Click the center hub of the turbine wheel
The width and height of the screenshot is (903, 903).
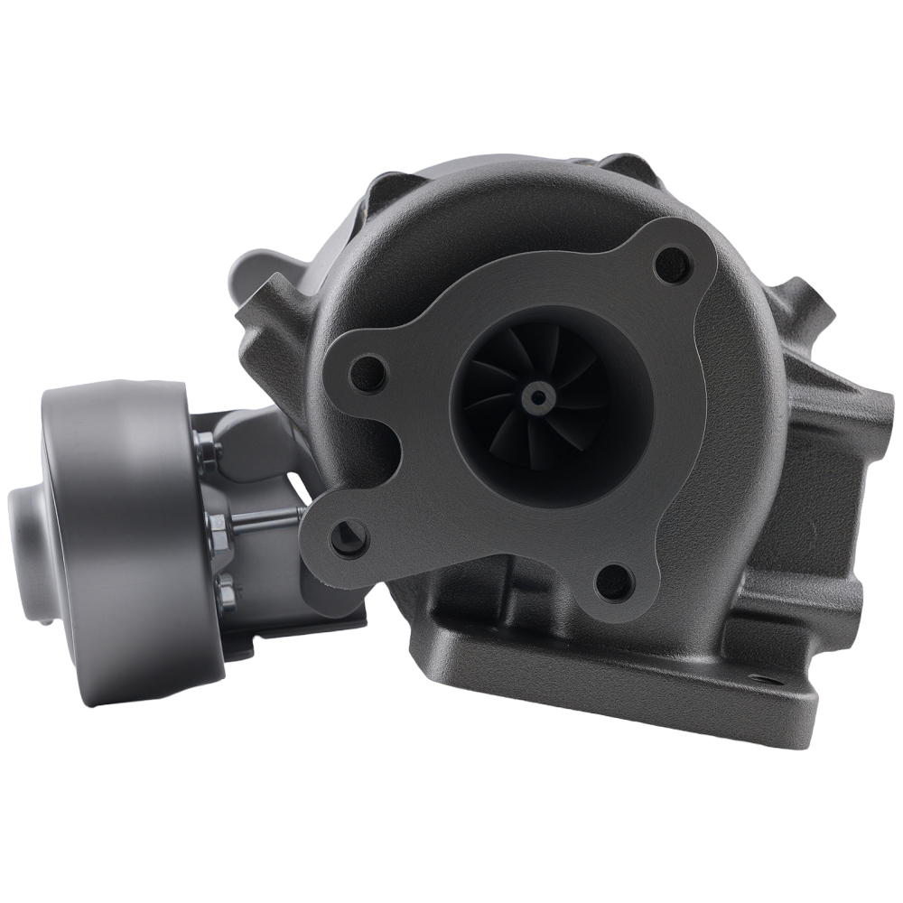pos(539,396)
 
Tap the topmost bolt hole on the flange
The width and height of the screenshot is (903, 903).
pos(673,263)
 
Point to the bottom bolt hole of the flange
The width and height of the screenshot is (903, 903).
pos(615,582)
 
